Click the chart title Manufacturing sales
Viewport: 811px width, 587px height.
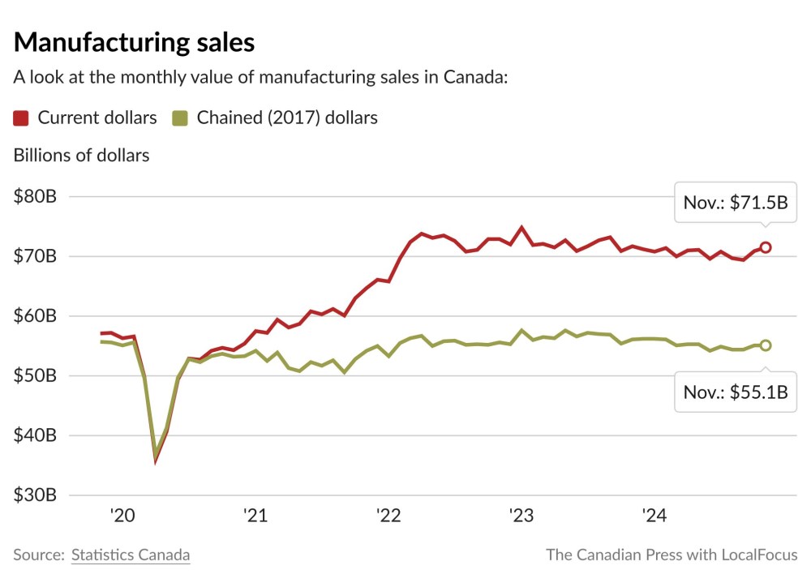[134, 41]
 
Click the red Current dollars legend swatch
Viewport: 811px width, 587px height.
[22, 118]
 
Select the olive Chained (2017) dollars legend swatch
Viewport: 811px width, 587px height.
[180, 118]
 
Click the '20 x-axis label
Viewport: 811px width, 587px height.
[122, 516]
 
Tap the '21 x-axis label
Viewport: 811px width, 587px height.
[255, 516]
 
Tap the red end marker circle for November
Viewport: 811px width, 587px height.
[765, 247]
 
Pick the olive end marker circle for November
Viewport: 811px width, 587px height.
[765, 345]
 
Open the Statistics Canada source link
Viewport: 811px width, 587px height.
[131, 555]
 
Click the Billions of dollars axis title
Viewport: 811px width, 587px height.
[81, 155]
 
